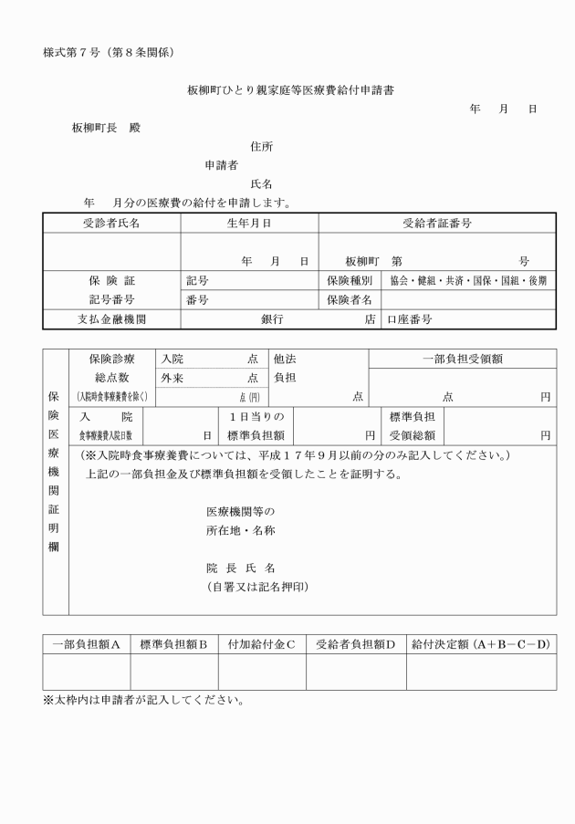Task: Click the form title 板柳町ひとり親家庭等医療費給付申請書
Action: [x=290, y=90]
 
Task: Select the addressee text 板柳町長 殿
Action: [x=106, y=128]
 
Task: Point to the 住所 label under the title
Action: [x=261, y=146]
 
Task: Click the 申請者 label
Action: [x=222, y=165]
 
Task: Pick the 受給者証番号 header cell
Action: [x=436, y=223]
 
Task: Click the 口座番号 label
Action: [x=410, y=319]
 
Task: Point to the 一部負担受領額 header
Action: [x=462, y=359]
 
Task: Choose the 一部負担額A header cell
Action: [x=87, y=644]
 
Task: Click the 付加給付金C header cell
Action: [x=261, y=644]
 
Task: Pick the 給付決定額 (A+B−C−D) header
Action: [x=481, y=644]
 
